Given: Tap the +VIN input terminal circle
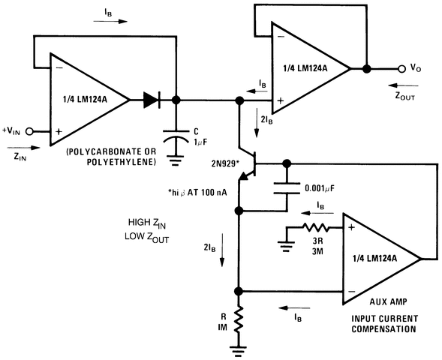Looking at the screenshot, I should click(x=31, y=130).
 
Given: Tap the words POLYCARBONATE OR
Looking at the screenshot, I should click(x=110, y=151).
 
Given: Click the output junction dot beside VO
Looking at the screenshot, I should click(x=366, y=68).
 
